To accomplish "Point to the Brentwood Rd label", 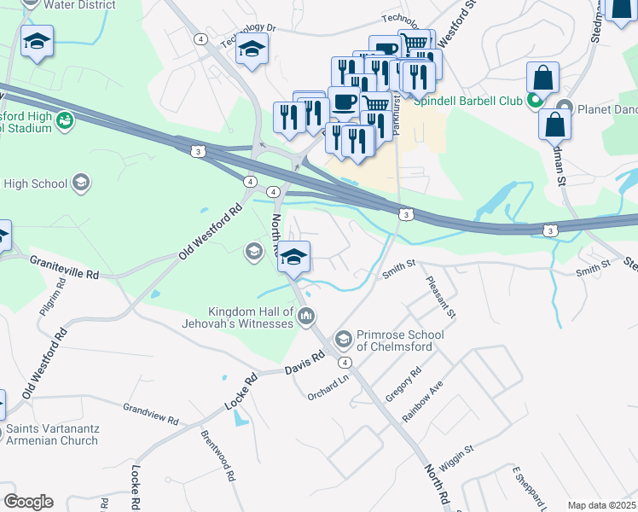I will [217, 455].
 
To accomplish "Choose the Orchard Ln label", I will [329, 387].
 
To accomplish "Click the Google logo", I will [28, 502].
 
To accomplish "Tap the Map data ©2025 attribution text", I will [601, 505].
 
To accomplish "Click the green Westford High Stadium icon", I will [64, 123].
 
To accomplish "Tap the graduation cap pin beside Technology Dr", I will [252, 51].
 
